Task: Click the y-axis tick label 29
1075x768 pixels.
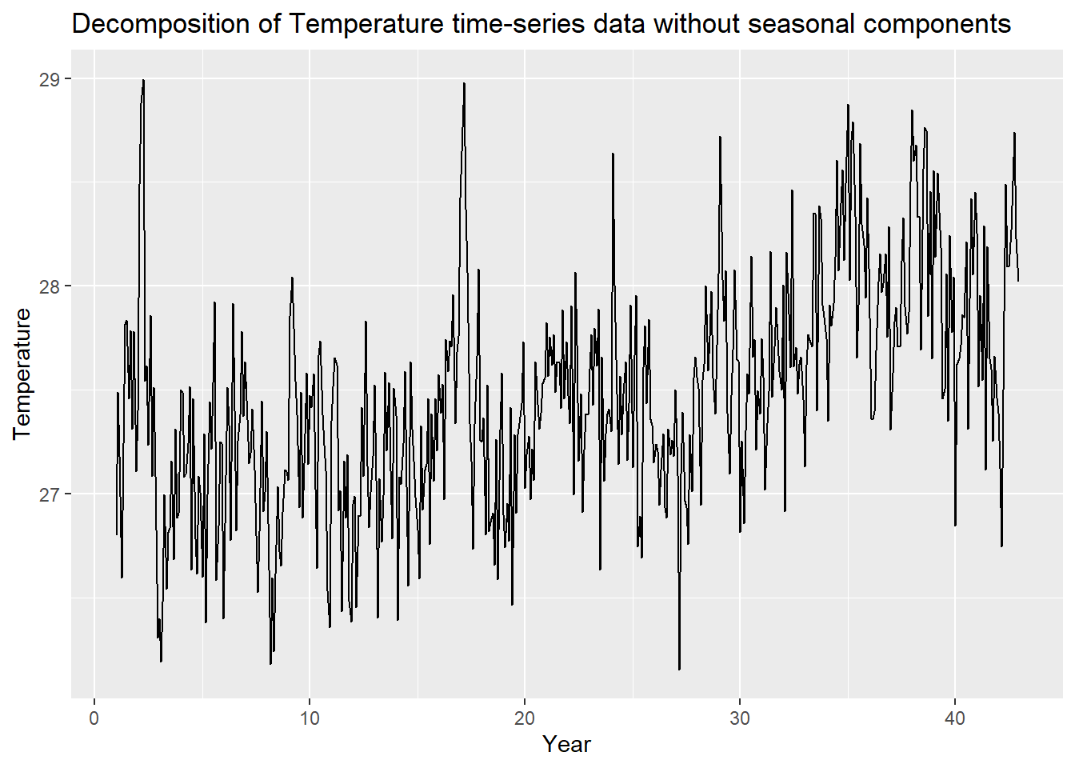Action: click(x=50, y=78)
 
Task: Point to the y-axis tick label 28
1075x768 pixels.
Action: click(x=50, y=286)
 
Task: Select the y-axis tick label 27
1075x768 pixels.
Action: click(x=50, y=494)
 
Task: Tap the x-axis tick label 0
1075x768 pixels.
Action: click(x=94, y=718)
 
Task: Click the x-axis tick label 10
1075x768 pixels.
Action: click(x=310, y=718)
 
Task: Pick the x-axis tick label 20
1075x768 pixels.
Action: click(x=525, y=718)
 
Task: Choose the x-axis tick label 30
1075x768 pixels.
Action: click(x=740, y=718)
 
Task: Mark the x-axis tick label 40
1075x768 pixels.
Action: click(x=955, y=718)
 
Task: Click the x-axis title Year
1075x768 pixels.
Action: click(x=566, y=744)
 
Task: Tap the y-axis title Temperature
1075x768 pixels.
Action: click(x=22, y=374)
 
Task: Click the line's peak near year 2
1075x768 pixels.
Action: click(x=143, y=80)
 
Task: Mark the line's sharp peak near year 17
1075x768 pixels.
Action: click(x=464, y=83)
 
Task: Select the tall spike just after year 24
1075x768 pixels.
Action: click(x=613, y=154)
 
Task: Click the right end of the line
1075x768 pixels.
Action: click(x=1018, y=281)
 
